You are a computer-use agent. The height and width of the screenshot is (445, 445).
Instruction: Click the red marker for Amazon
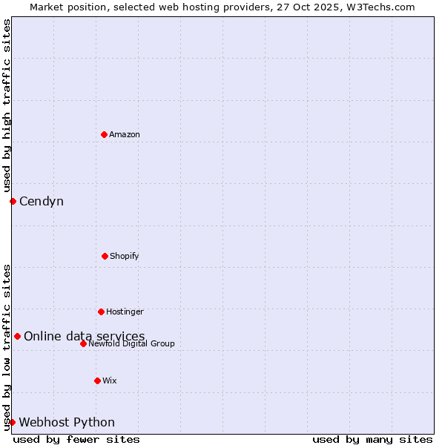pos(104,134)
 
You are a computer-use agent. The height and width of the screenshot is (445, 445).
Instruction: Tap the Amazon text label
pos(125,134)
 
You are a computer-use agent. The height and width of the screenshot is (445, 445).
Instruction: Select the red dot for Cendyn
pos(13,201)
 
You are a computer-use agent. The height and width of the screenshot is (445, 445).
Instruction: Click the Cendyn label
pos(42,202)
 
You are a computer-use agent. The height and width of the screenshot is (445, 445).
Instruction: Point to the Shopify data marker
pos(105,256)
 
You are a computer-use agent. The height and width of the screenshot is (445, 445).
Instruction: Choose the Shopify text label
pos(125,256)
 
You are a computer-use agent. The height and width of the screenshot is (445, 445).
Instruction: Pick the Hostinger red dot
pos(101,311)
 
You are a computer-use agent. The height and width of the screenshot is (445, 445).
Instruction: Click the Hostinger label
pos(125,311)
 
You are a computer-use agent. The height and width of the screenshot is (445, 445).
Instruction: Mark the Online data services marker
pos(17,336)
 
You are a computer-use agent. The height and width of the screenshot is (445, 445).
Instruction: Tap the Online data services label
pos(84,337)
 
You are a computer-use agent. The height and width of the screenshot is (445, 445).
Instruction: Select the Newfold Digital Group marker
pos(83,343)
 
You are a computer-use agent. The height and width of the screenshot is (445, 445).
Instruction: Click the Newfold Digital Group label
pos(132,344)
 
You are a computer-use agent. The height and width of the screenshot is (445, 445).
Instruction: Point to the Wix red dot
pos(97,380)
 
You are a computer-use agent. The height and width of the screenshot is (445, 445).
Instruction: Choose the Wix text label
pos(110,380)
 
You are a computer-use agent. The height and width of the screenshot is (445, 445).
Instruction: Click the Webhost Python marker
pos(12,422)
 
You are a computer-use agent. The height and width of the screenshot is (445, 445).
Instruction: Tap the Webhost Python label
pos(67,423)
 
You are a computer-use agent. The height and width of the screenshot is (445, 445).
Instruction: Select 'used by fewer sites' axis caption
pos(76,439)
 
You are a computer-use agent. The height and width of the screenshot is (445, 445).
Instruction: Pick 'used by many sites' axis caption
pos(372,439)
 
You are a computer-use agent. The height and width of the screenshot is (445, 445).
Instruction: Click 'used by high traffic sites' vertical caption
pos(7,105)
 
